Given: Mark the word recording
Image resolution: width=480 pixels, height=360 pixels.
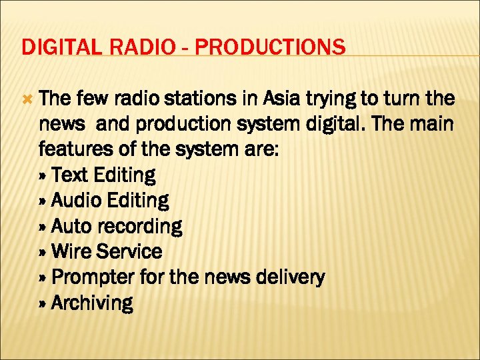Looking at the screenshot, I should point(139,227).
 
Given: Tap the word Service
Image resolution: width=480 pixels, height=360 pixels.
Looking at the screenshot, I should point(129,251).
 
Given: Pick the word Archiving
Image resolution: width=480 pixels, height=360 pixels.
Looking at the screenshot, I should point(92,303).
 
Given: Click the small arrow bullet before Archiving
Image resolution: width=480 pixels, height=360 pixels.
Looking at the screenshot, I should point(44,303).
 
